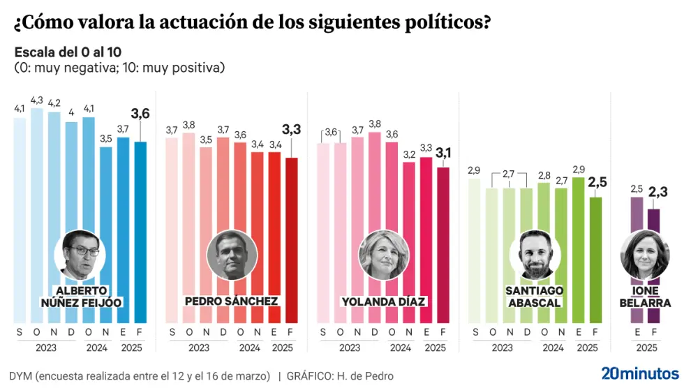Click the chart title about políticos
coord(251,24)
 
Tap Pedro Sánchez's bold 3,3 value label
coord(292,129)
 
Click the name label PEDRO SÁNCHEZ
coord(232,301)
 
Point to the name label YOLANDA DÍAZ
coord(384,301)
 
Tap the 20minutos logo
coord(639,373)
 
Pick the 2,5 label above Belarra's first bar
coord(637,189)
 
